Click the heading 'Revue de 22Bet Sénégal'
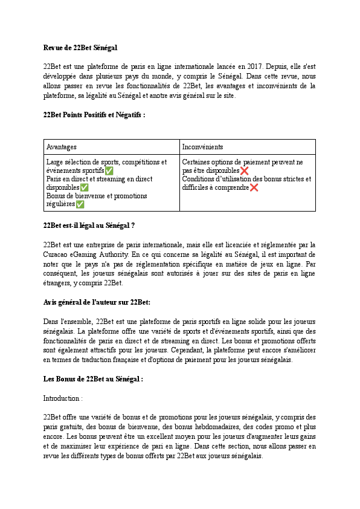80,47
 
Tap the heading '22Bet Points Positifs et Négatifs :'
94,114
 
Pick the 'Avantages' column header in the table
62,147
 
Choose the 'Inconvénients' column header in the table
202,147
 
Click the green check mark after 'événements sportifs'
109,171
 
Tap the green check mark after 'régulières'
80,205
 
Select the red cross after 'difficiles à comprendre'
254,188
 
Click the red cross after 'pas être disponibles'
244,171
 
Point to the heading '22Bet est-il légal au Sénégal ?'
89,225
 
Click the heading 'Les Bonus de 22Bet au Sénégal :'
93,379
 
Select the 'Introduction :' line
63,398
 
